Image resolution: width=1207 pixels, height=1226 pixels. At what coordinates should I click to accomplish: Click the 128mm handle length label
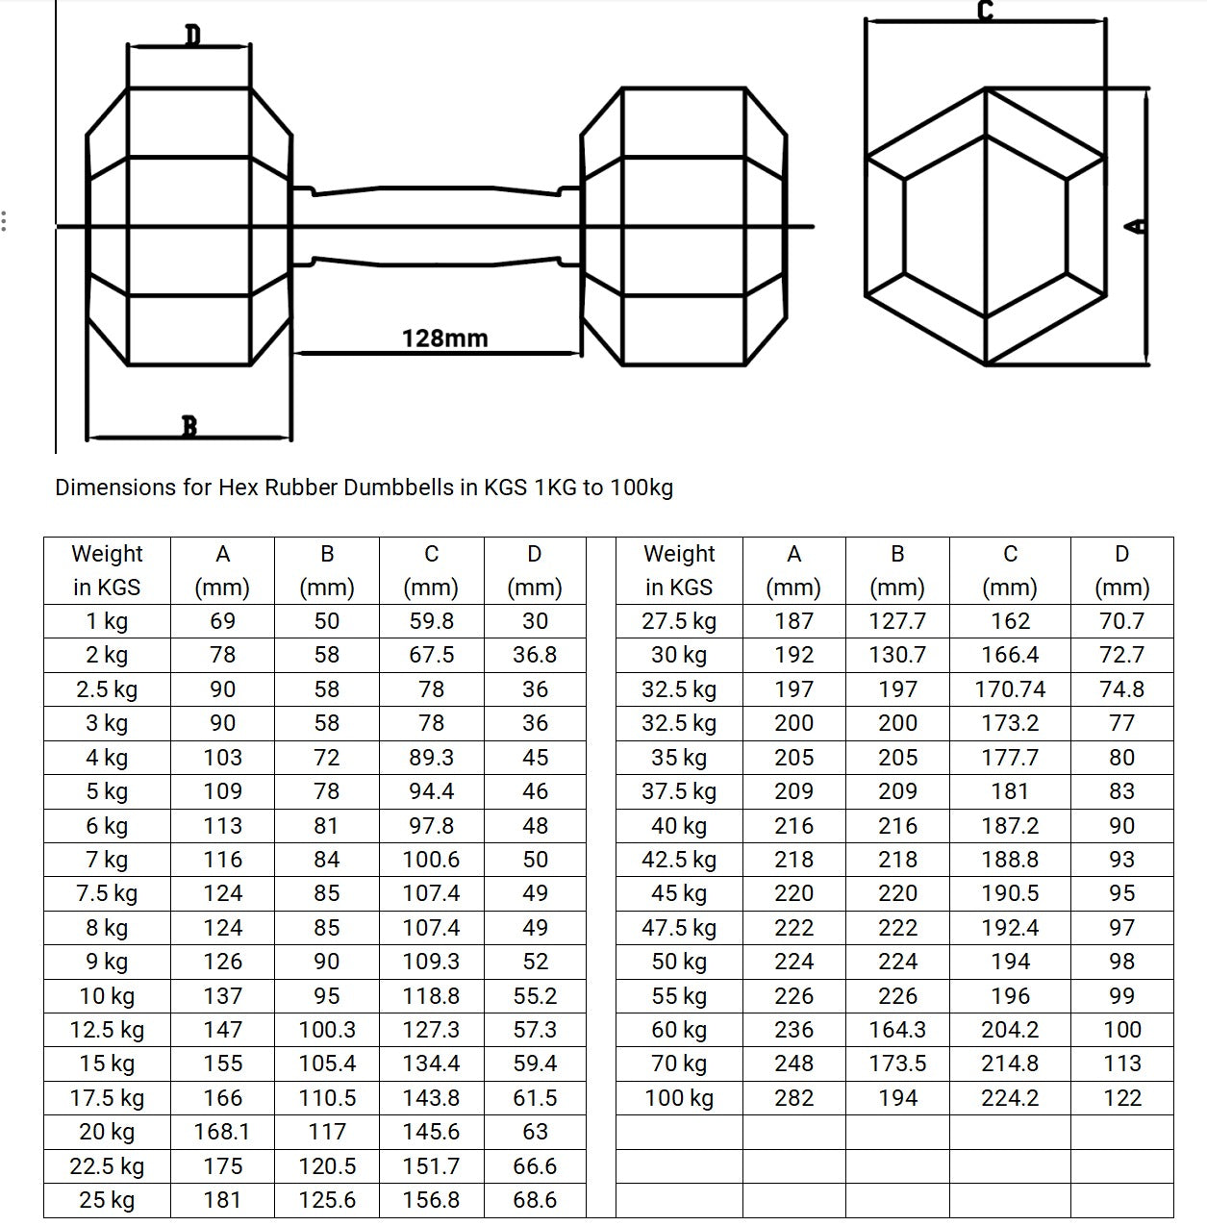[444, 338]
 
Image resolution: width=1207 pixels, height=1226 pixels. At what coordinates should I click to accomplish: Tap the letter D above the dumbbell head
[192, 36]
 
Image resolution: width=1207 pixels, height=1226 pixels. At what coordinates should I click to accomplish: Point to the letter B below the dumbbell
[189, 425]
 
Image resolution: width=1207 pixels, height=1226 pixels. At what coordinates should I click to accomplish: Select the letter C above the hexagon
[985, 11]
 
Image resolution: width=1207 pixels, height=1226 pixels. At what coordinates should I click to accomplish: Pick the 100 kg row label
[679, 1098]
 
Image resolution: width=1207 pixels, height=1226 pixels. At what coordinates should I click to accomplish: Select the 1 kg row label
[107, 621]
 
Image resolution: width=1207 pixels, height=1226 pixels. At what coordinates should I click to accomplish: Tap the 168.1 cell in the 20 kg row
[222, 1132]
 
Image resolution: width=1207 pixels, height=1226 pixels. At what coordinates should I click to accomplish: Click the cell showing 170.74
[1010, 689]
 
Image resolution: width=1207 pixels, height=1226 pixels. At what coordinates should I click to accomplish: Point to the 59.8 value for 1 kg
[431, 621]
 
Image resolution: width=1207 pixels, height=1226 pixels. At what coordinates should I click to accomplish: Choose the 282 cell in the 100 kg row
[793, 1098]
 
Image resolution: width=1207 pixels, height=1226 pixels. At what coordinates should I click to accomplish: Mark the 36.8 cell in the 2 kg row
[535, 655]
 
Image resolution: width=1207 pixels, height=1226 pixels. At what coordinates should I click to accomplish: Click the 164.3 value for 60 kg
[897, 1030]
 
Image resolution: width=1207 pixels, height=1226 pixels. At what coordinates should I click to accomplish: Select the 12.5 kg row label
[107, 1030]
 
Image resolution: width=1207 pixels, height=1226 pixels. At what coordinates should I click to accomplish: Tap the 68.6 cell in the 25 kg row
[535, 1200]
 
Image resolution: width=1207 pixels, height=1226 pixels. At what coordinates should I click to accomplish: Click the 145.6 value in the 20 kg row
[431, 1132]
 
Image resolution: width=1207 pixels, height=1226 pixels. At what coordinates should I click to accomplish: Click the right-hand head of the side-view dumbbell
[685, 226]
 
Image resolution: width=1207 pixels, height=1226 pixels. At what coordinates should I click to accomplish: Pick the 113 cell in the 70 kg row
[1121, 1063]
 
